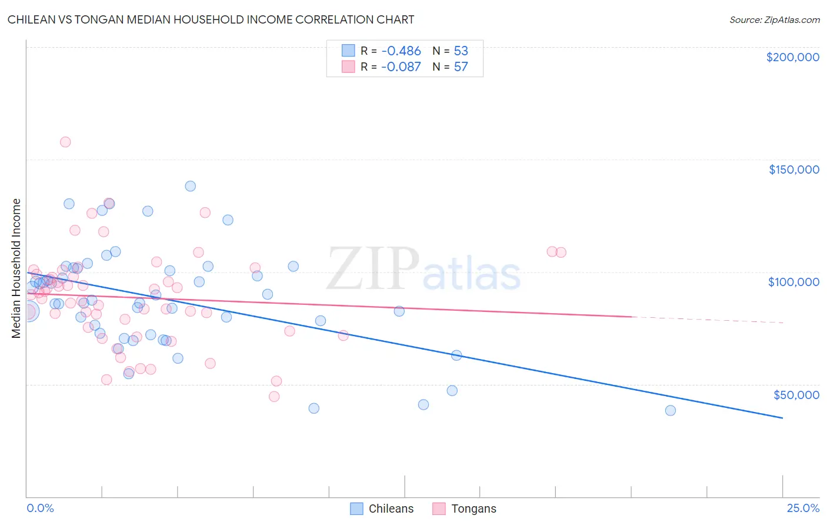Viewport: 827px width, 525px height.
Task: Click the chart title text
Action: (x=211, y=19)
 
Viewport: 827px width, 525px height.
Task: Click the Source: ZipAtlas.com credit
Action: (x=774, y=20)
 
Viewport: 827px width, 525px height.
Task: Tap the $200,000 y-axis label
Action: (x=792, y=57)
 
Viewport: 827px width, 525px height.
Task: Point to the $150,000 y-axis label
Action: (x=793, y=170)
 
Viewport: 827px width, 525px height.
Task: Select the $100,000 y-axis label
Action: (x=793, y=282)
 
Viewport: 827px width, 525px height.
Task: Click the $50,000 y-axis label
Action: (x=796, y=394)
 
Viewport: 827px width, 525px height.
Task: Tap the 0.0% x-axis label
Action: (x=40, y=508)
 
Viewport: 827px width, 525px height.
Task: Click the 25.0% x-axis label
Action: (x=803, y=508)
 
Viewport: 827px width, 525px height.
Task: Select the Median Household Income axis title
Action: (x=16, y=268)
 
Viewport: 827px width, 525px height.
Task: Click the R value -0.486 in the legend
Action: (x=401, y=51)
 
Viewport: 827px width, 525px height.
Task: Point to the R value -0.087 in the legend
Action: (x=401, y=67)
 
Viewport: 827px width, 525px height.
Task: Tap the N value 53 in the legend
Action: (x=461, y=51)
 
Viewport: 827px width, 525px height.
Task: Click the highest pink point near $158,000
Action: (x=65, y=142)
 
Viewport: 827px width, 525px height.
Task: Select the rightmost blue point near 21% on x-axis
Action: (x=671, y=410)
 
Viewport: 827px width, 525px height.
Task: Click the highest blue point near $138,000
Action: (x=191, y=186)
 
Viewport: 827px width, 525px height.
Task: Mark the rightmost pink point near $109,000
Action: (x=561, y=252)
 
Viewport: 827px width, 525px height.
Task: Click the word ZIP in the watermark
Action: (x=373, y=268)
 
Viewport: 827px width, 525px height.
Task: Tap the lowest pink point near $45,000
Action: (x=274, y=396)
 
